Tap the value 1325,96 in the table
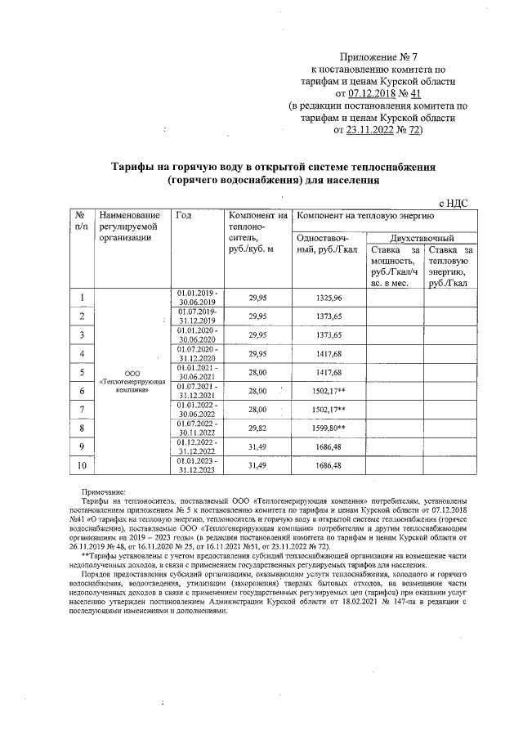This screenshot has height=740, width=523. tap(328, 298)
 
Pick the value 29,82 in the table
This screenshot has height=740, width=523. tap(257, 427)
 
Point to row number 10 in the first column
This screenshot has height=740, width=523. tap(82, 466)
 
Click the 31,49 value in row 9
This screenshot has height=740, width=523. tap(257, 446)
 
